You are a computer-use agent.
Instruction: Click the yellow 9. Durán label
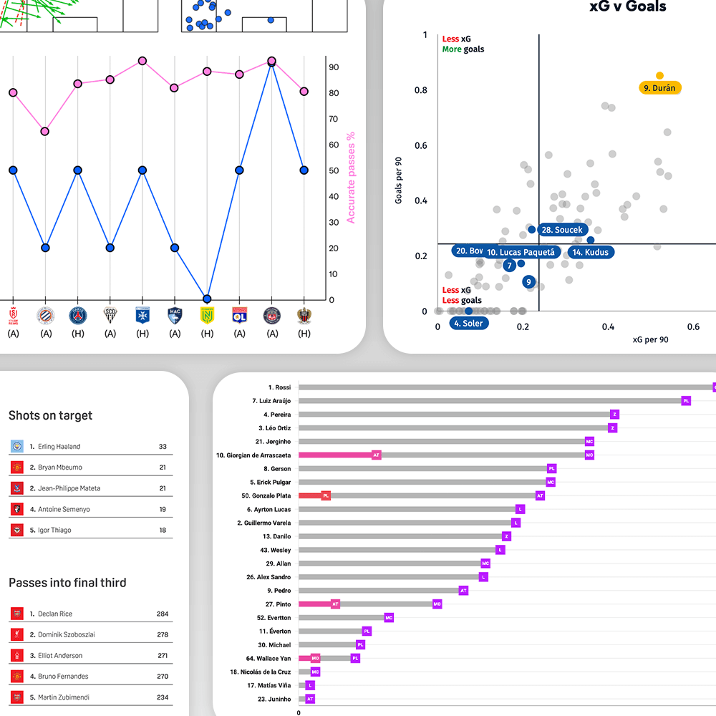point(659,88)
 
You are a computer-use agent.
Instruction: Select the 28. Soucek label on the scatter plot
point(563,230)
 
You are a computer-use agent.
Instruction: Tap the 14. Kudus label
point(591,252)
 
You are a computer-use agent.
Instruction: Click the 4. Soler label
point(469,323)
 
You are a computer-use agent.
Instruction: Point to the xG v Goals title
point(627,7)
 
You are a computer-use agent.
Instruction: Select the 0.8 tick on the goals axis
point(420,90)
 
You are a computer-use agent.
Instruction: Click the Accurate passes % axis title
point(351,178)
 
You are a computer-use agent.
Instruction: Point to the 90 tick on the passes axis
point(334,67)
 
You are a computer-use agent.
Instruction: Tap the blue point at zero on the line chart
point(207,299)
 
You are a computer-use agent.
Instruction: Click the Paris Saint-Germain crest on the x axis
point(77,315)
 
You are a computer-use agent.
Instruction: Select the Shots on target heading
point(50,415)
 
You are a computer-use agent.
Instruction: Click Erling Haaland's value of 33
point(163,447)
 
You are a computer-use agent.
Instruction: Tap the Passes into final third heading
point(67,583)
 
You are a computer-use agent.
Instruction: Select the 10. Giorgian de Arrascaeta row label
point(253,455)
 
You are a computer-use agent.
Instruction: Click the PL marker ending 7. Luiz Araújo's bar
point(686,401)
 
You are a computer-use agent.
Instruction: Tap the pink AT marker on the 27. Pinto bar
point(335,604)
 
